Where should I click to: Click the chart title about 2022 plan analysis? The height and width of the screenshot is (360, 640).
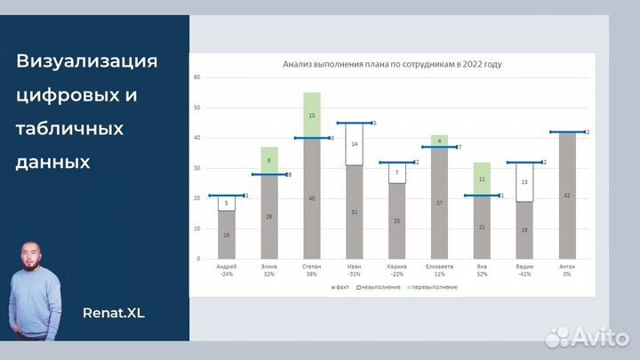click(x=391, y=64)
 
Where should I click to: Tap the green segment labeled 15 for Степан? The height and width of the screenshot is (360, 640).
click(x=312, y=115)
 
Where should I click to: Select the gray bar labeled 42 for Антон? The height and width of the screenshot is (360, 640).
click(x=567, y=195)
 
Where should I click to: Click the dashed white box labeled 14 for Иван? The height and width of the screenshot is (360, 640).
click(x=354, y=144)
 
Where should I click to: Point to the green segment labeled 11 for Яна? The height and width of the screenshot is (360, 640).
click(x=482, y=179)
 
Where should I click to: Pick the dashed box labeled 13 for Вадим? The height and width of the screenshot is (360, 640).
click(x=524, y=181)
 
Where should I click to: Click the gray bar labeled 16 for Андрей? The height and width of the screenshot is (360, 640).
click(x=227, y=235)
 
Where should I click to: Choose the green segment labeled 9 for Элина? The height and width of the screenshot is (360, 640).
click(x=269, y=160)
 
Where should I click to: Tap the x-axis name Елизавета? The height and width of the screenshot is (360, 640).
click(x=439, y=266)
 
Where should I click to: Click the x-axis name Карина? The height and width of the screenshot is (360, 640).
click(x=397, y=266)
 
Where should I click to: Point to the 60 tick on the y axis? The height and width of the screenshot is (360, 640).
click(x=199, y=78)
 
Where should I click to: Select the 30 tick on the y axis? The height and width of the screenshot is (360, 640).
click(x=199, y=168)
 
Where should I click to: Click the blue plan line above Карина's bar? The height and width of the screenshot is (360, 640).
click(x=397, y=163)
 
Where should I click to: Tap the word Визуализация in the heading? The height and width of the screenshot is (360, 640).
click(x=87, y=61)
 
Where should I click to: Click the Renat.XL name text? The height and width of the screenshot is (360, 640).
click(x=113, y=312)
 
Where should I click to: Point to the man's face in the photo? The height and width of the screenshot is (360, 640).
click(x=36, y=259)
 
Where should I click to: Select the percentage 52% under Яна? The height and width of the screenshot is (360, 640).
click(x=482, y=273)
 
